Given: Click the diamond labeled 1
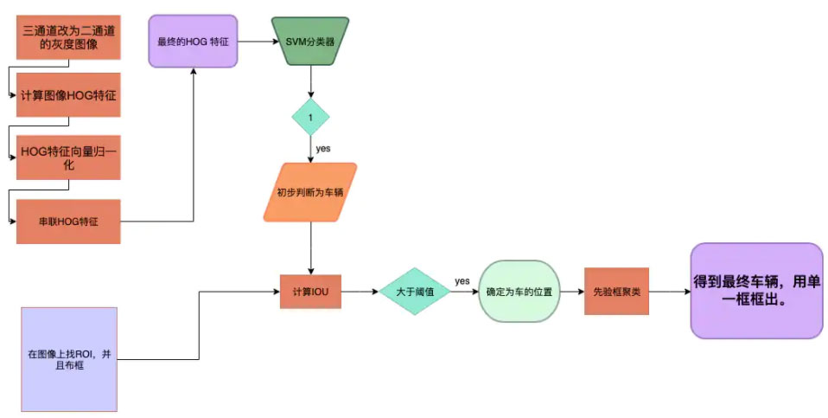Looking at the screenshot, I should point(310,116).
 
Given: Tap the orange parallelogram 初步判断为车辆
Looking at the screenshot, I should point(310,192).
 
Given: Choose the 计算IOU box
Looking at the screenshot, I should point(310,292).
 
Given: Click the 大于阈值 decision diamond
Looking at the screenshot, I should point(417,292).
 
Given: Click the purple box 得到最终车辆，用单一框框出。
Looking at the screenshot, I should point(756,291).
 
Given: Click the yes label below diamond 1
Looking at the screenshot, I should point(323,148).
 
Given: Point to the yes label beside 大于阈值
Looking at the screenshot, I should point(462,281).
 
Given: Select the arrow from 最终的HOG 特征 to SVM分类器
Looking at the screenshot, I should point(255,41).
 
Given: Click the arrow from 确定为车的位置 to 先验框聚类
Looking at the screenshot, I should point(570,292).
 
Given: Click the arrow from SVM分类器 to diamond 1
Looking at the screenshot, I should point(310,82).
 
